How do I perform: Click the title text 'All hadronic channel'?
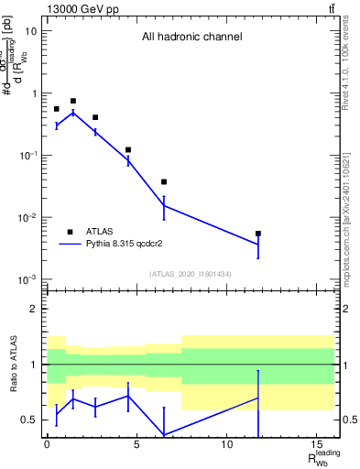click(191, 38)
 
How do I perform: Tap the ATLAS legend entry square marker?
click(70, 232)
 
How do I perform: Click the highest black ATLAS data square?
click(73, 101)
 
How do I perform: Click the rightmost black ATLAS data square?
click(258, 234)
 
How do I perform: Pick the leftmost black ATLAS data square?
click(56, 109)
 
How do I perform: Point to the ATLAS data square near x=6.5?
click(164, 182)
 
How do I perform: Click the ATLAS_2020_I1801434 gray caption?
click(190, 274)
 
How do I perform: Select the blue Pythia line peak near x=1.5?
click(73, 113)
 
